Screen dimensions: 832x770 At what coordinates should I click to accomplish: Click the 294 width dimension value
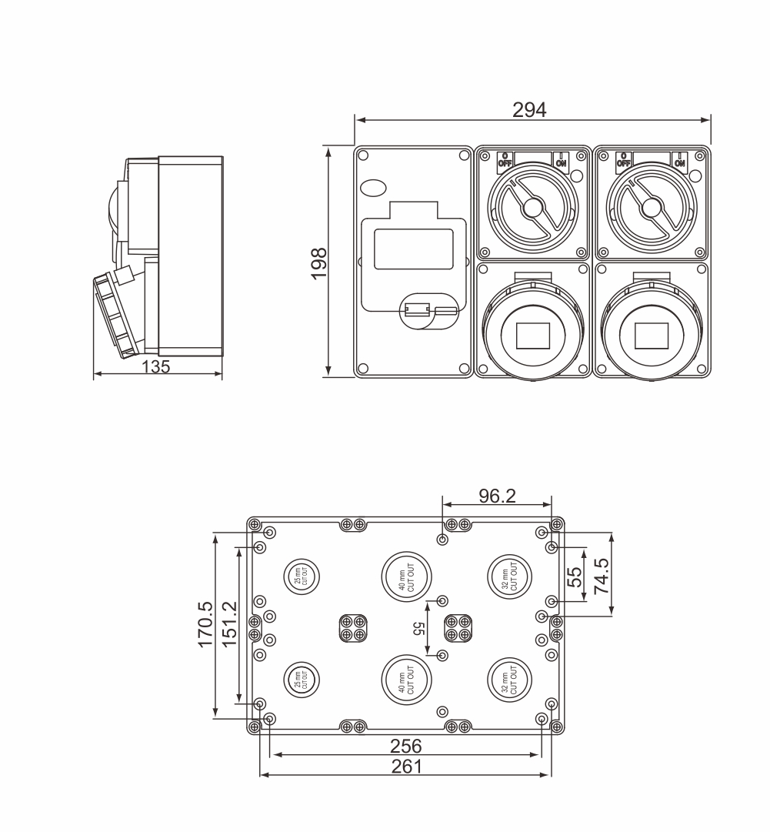pos(529,110)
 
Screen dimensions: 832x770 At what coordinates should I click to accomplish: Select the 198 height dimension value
pos(319,262)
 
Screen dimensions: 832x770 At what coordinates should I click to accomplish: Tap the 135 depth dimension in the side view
pos(156,366)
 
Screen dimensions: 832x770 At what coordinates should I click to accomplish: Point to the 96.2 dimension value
pos(497,496)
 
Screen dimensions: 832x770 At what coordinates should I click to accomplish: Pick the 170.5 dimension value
pos(205,624)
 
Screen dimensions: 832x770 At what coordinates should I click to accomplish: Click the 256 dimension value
pos(406,746)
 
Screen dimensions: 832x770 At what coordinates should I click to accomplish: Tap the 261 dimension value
pos(406,766)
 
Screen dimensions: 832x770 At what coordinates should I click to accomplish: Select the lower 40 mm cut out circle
pos(406,680)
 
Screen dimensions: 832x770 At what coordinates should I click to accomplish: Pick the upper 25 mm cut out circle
pos(300,577)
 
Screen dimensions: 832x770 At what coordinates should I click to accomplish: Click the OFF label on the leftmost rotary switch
pos(505,161)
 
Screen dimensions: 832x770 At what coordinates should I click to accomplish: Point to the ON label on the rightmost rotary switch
pos(679,161)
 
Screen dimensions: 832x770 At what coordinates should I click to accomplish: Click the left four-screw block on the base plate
pos(352,628)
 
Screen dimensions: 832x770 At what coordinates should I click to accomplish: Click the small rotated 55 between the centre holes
pos(420,629)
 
